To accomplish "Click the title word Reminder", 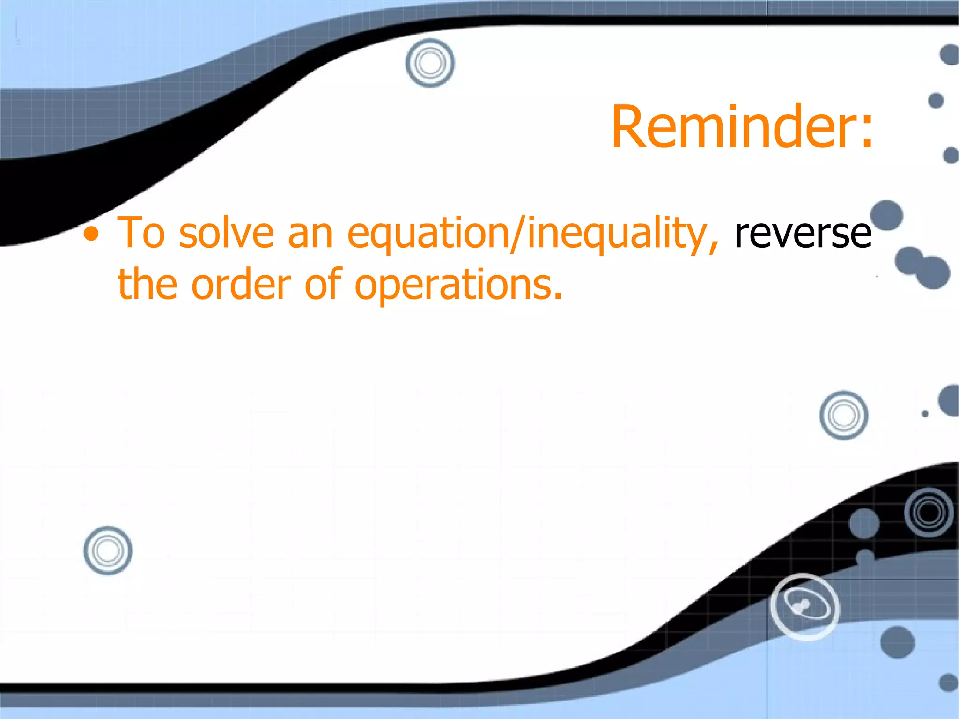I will pos(730,127).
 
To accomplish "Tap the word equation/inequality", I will pos(532,233).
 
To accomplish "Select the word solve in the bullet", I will pos(226,233).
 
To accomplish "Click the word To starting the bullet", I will pos(141,233).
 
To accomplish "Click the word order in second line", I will pos(241,285).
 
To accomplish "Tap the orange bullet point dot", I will pos(92,235).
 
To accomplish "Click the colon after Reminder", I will pos(866,133).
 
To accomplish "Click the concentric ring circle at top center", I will pos(430,63).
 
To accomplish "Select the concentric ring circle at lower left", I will pos(108,550).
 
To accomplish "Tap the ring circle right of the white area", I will pos(843,415).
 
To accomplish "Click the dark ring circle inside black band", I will pos(929,512).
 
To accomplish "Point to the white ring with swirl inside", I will pos(804,607).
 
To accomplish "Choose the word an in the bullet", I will pos(310,233).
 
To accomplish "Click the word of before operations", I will pos(323,285).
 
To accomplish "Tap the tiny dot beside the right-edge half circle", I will pos(925,414).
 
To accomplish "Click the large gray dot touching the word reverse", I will pos(886,215).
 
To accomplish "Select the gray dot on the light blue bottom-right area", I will pos(897,642).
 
